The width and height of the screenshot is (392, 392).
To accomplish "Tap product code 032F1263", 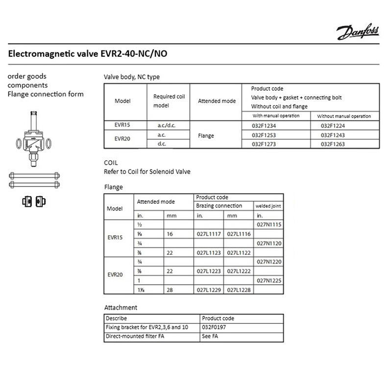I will pos(333,145).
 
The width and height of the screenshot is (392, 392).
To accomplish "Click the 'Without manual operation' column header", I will pos(344,116).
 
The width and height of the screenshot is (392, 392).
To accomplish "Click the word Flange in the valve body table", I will pos(206,135).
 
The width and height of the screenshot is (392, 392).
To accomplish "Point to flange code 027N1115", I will pos(269,224).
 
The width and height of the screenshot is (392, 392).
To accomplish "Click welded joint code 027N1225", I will pos(269,281).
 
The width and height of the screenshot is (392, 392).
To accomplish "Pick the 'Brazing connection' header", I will pos(219,206).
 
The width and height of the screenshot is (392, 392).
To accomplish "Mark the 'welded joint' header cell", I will pos(269,206).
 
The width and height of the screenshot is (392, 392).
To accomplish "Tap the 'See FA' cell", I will pos(210,337).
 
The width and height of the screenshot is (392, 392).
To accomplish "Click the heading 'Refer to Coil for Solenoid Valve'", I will pos(147,171).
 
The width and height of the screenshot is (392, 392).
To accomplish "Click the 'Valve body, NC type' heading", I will pos(132,77).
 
